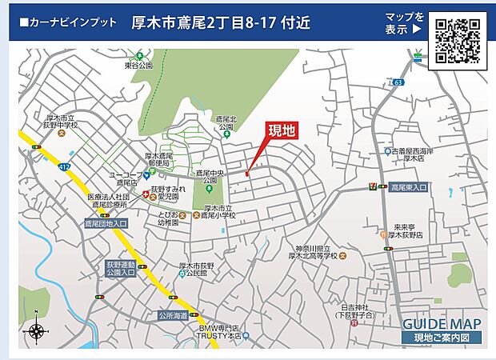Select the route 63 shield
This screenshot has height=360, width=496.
click(398, 82)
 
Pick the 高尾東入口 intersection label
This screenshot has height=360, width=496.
click(409, 187)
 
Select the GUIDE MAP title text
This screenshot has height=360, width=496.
click(441, 323)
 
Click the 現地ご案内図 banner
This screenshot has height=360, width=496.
click(442, 338)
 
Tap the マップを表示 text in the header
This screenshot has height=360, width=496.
click(405, 23)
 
